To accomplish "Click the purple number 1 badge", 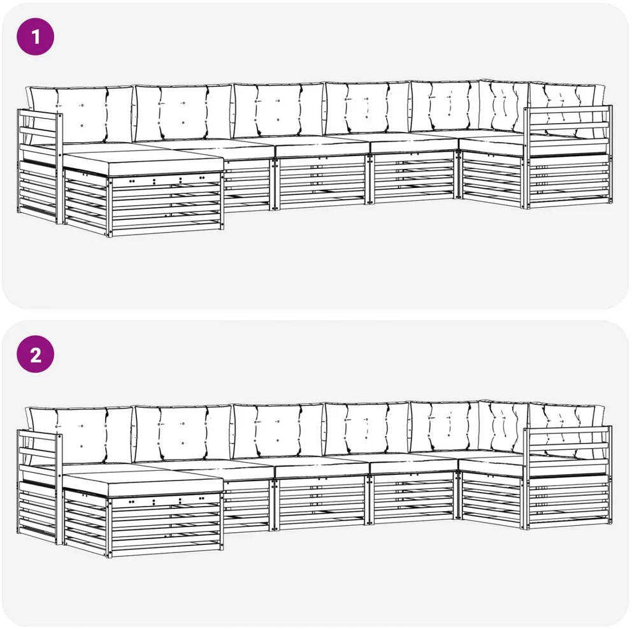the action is point(36,37).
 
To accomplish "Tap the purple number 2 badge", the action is point(36,355).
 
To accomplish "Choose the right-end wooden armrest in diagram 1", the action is point(568,157).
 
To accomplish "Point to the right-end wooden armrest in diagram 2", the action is point(568,477).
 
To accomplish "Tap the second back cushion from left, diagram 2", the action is point(183,433).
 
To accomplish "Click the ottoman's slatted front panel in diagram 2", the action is point(165,525).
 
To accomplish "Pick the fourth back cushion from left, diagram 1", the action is point(368,108).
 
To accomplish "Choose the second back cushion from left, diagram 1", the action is point(183,112).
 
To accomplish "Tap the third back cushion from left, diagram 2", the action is point(278,430).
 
